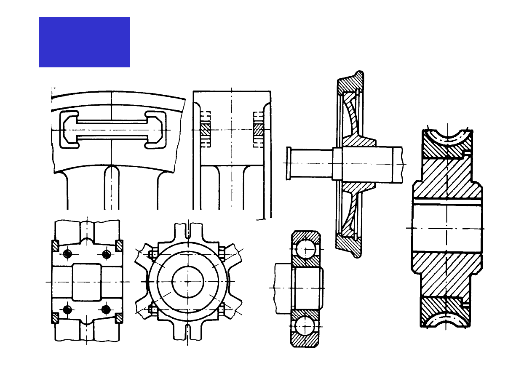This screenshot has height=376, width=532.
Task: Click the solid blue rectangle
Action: (x=84, y=42)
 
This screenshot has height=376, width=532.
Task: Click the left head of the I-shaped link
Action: (x=69, y=130)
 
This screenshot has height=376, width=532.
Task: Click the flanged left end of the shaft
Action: (x=289, y=163)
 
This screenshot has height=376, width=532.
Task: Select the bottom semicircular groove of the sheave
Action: (x=447, y=320)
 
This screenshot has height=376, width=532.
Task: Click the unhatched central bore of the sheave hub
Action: (x=446, y=227)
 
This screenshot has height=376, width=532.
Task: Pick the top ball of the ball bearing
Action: (x=305, y=249)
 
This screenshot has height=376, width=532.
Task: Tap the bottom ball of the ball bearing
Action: (x=305, y=326)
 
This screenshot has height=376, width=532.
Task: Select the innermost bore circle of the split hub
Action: (x=188, y=281)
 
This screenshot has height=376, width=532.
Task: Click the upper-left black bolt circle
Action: (x=67, y=254)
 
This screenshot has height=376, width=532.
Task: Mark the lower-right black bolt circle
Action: (x=106, y=310)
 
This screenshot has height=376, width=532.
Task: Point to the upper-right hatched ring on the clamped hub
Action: (x=119, y=245)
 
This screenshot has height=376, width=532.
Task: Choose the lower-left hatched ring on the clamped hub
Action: (x=55, y=318)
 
